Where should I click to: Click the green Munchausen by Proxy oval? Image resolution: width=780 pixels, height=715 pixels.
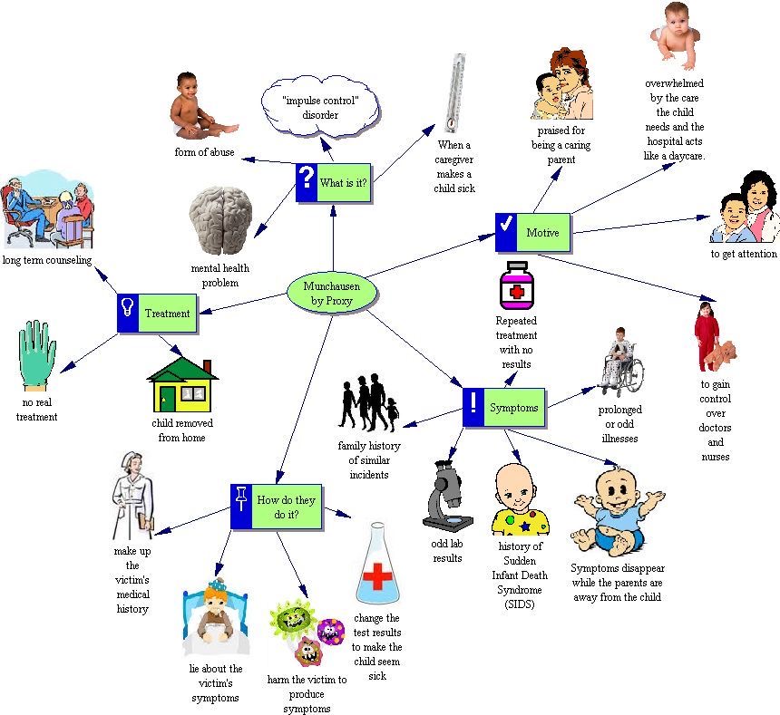[x=330, y=294]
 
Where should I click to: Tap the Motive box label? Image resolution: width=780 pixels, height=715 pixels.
[x=543, y=233]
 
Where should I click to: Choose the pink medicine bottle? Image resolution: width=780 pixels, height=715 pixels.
[x=514, y=286]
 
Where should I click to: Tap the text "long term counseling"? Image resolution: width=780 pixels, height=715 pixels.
[x=47, y=261]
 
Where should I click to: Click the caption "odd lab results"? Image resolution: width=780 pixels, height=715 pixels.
[x=448, y=551]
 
